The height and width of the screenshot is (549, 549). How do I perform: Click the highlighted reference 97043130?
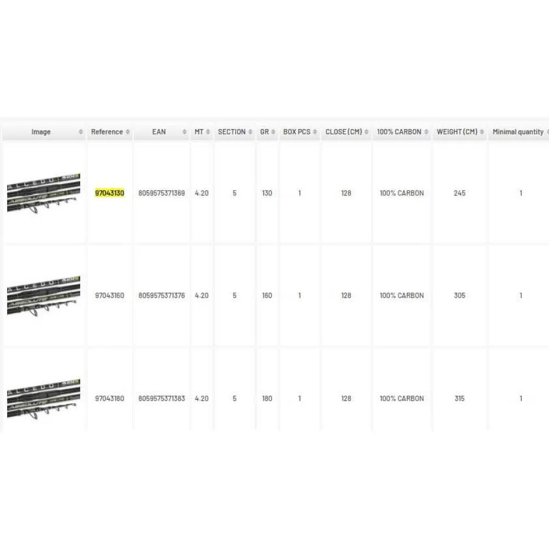pyautogui.click(x=110, y=193)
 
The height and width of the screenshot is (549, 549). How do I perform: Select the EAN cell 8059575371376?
pyautogui.click(x=161, y=295)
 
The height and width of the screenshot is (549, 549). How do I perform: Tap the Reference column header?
pyautogui.click(x=107, y=132)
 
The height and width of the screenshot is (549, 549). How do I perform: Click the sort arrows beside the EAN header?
pyautogui.click(x=184, y=132)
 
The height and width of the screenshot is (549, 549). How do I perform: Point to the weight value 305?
pyautogui.click(x=460, y=295)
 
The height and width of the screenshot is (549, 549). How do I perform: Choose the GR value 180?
pyautogui.click(x=267, y=399)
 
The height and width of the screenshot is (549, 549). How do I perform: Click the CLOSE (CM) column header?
pyautogui.click(x=344, y=132)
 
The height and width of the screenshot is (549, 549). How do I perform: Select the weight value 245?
pyautogui.click(x=460, y=193)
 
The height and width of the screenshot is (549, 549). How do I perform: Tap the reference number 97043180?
pyautogui.click(x=110, y=399)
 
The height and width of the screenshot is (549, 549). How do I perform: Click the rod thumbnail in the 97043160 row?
pyautogui.click(x=44, y=296)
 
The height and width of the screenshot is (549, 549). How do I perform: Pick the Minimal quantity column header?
pyautogui.click(x=518, y=132)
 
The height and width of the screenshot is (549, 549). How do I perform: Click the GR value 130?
pyautogui.click(x=267, y=193)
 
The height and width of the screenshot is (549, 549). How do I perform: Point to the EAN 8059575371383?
pyautogui.click(x=161, y=399)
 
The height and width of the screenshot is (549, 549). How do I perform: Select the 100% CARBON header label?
pyautogui.click(x=399, y=132)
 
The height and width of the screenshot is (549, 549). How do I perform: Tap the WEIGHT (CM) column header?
pyautogui.click(x=457, y=132)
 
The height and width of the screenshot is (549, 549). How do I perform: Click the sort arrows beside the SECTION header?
pyautogui.click(x=250, y=132)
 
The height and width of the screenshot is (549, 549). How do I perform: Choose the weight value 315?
pyautogui.click(x=460, y=399)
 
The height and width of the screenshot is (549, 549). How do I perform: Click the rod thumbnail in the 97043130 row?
pyautogui.click(x=44, y=193)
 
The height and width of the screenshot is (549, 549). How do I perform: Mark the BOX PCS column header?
pyautogui.click(x=296, y=132)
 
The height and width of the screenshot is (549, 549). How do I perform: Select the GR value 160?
pyautogui.click(x=267, y=295)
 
